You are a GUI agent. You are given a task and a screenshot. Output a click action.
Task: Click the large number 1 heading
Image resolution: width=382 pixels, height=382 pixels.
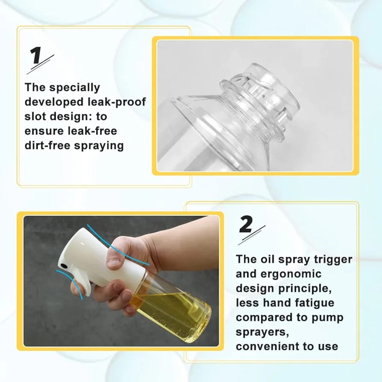[36, 56]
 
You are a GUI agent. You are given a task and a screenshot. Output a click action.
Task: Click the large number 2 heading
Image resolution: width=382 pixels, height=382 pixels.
[246, 224]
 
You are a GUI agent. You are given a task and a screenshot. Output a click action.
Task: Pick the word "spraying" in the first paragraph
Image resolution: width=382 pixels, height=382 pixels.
[99, 146]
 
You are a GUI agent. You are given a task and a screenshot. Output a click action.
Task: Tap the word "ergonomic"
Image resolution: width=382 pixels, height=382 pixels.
[291, 274]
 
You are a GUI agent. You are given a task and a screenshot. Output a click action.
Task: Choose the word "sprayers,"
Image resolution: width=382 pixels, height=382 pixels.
[262, 332]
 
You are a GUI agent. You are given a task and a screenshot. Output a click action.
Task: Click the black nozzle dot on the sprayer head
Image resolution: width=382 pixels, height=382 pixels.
[64, 265]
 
